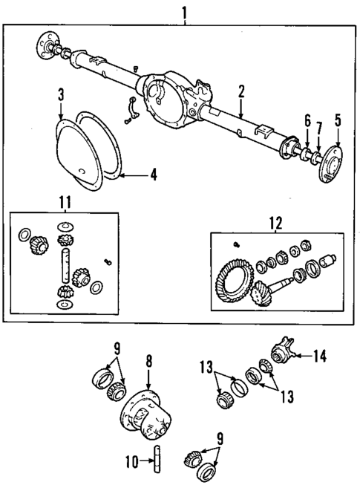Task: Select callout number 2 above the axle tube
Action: (x=240, y=91)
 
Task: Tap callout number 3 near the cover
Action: (x=61, y=94)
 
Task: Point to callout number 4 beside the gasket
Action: (x=152, y=176)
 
